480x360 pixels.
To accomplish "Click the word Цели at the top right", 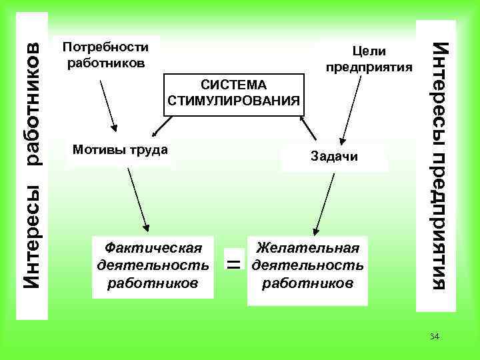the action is coord(369,51).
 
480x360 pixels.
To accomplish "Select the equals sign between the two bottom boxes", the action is coord(233,265).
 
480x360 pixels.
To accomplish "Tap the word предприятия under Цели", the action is coord(369,67).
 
